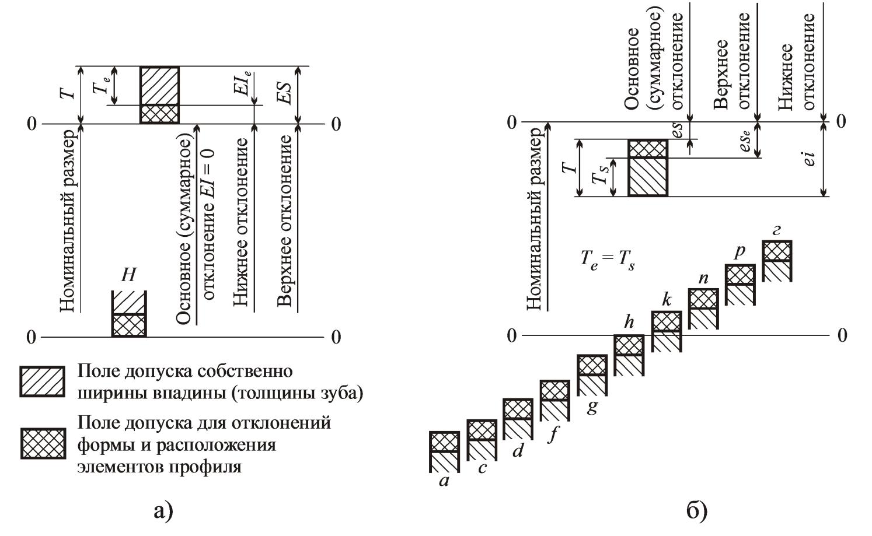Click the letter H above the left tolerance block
[128, 275]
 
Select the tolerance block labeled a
[445, 451]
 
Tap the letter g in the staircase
[592, 406]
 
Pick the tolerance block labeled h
[629, 355]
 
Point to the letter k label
[667, 300]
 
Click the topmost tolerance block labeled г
[777, 260]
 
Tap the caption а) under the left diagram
[163, 512]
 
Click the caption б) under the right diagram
[696, 512]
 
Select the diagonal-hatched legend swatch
[42, 381]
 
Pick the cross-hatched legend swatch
[42, 443]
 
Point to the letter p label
[740, 251]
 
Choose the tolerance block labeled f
[555, 400]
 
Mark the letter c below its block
[482, 468]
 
